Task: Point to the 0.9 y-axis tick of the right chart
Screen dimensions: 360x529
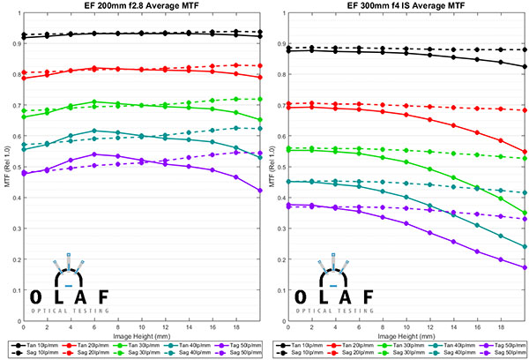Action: (279, 41)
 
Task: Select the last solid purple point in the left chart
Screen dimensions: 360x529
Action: (260, 190)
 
